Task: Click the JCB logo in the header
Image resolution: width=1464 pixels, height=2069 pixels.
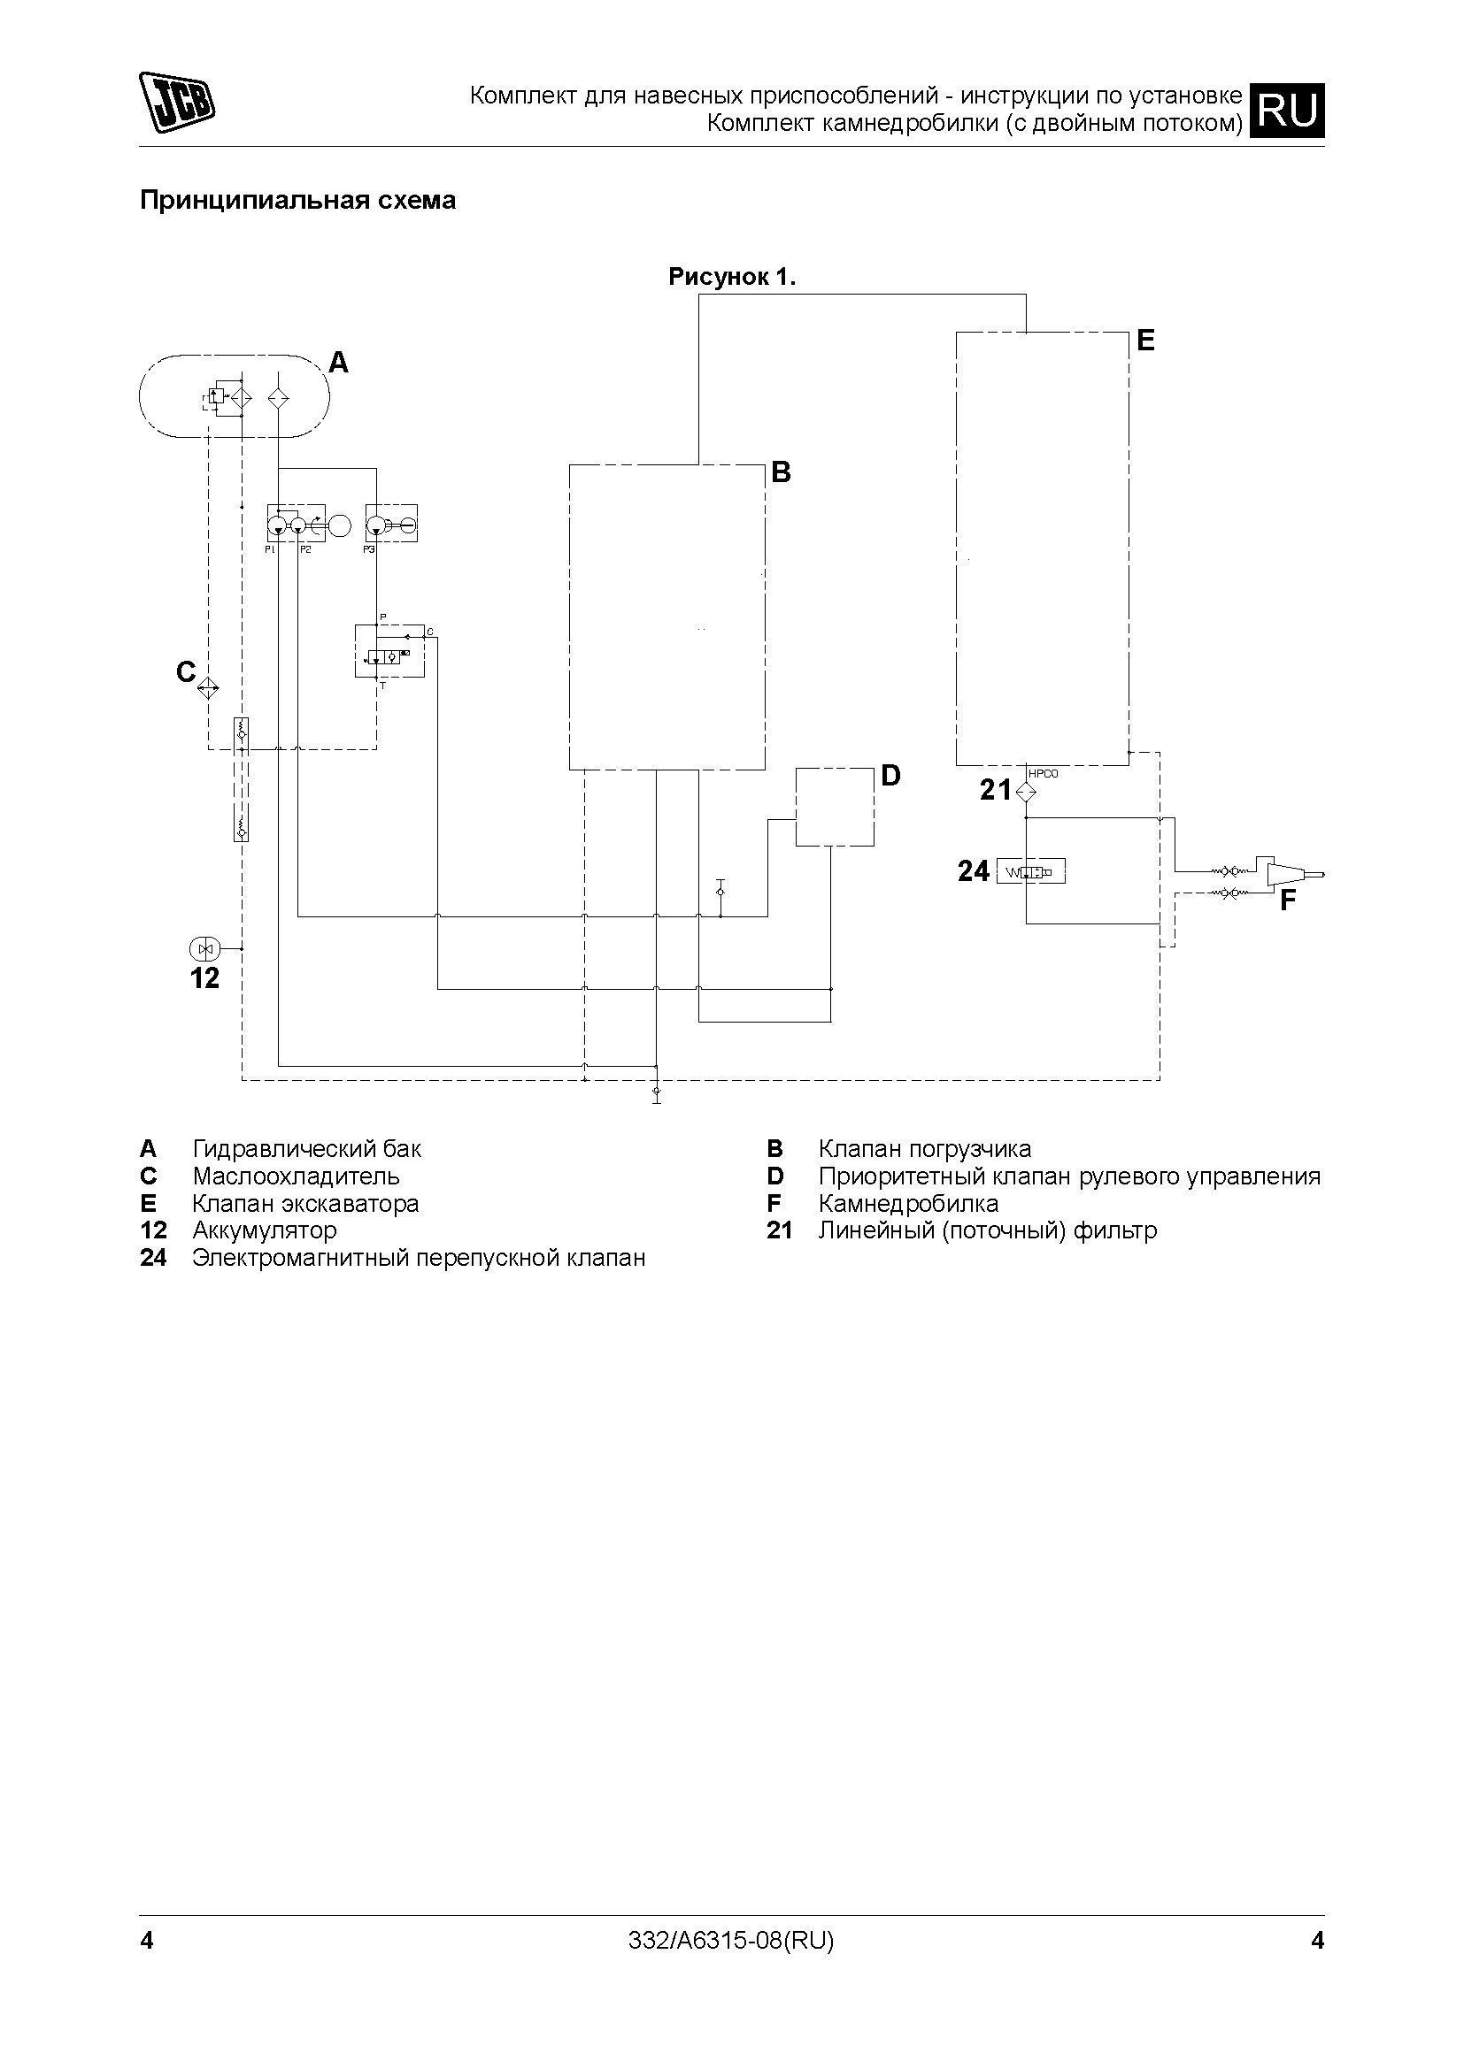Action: (x=177, y=101)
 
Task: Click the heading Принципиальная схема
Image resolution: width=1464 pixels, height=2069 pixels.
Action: (x=297, y=200)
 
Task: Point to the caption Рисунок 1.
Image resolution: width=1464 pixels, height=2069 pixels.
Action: (x=732, y=278)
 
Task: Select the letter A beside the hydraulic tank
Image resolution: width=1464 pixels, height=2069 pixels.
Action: (x=338, y=363)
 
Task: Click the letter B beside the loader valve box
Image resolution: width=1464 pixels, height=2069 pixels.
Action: (x=781, y=472)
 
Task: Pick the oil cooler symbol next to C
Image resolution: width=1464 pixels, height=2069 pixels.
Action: (x=208, y=688)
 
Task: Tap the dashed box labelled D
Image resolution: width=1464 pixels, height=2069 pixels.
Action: (x=834, y=807)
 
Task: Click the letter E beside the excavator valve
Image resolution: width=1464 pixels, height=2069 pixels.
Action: (x=1144, y=341)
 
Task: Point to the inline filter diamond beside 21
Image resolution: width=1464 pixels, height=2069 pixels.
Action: (x=1026, y=792)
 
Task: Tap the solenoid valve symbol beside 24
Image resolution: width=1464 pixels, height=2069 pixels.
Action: (x=1030, y=872)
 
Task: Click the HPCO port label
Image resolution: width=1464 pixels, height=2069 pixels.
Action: (x=1043, y=773)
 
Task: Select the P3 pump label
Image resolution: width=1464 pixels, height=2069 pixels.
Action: (x=369, y=548)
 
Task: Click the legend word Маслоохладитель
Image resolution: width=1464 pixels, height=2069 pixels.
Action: (x=296, y=1176)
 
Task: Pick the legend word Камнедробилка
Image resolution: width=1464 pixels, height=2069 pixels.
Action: (x=908, y=1203)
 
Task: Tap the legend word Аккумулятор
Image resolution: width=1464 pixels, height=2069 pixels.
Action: (x=264, y=1230)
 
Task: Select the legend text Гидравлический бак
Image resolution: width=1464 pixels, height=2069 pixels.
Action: (x=306, y=1149)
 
